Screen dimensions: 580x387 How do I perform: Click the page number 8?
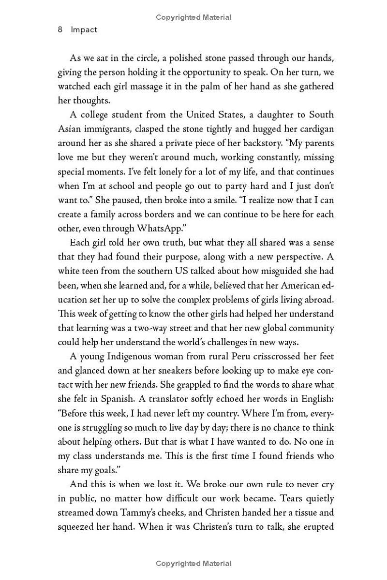tap(60, 29)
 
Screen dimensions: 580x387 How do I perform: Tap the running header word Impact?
tap(84, 29)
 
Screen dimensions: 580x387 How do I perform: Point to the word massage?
tap(161, 86)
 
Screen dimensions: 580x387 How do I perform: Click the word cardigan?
tap(315, 129)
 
